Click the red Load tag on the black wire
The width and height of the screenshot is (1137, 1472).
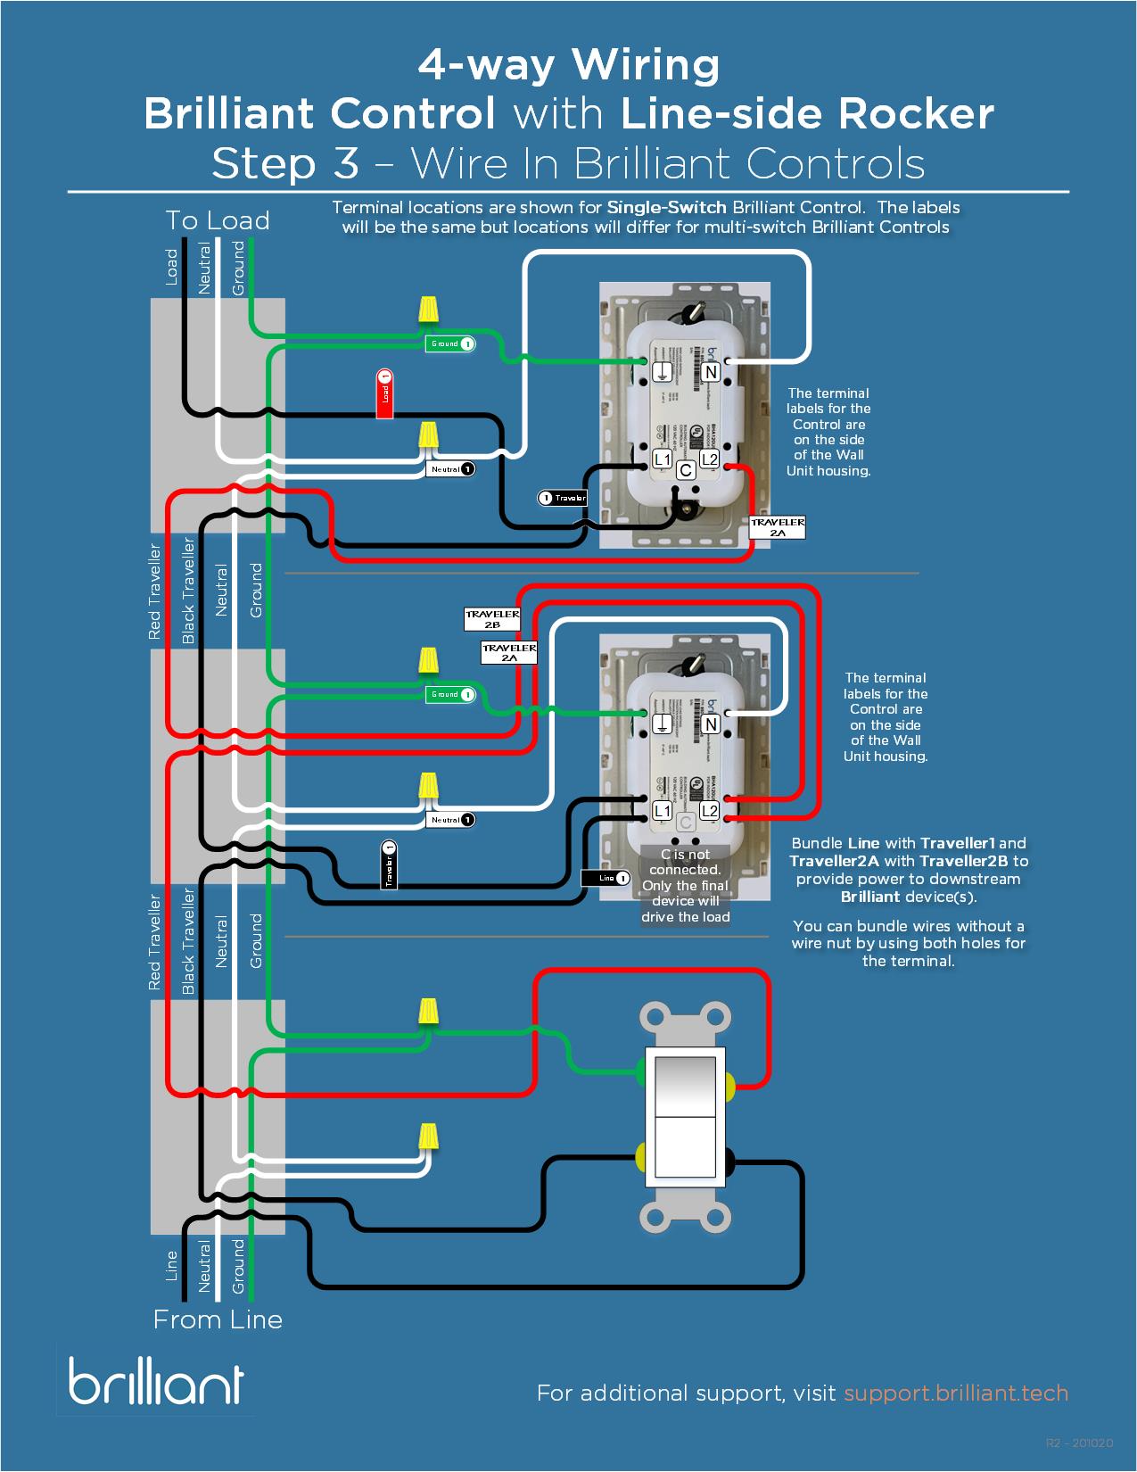coord(384,393)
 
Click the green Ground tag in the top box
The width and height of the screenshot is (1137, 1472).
coord(450,343)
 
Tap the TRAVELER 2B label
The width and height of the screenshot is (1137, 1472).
coord(492,619)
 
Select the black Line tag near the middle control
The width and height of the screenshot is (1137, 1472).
coord(606,878)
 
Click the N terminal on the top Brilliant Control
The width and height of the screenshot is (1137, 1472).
coord(711,372)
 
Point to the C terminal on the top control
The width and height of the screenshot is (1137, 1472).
coord(686,470)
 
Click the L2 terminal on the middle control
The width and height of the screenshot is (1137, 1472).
coord(709,810)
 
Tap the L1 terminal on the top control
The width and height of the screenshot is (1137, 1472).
coord(662,459)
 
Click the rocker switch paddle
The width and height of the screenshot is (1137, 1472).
coord(685,1116)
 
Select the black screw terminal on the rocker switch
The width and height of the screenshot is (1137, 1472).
coord(729,1160)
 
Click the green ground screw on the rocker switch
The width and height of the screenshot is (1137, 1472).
coord(640,1072)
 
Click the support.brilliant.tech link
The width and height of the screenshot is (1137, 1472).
coord(955,1393)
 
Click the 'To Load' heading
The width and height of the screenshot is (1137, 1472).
coord(218,220)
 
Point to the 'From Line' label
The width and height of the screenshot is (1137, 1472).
coord(218,1319)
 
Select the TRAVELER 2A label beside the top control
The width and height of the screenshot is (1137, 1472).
coord(778,527)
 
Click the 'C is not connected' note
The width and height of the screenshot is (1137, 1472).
coord(685,885)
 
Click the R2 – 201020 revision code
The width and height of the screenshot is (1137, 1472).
coord(1079,1443)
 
